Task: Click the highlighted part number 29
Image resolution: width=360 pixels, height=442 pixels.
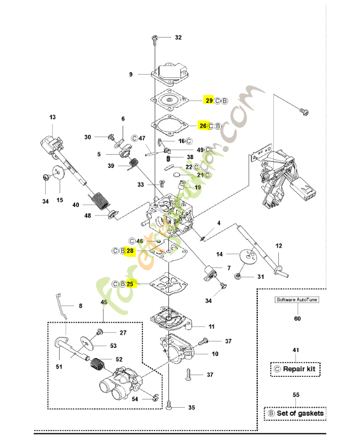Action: point(209,100)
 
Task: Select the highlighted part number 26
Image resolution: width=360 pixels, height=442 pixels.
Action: point(203,126)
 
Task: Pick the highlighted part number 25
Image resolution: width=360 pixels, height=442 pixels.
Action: point(130,284)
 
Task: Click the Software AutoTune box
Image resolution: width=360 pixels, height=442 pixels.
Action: point(297,300)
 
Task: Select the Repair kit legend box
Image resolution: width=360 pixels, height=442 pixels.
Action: point(295,369)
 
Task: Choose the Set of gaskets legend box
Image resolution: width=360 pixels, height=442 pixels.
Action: point(295,413)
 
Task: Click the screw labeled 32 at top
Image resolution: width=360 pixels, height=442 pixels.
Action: point(155,38)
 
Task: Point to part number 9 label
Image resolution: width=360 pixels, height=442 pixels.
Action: point(131,74)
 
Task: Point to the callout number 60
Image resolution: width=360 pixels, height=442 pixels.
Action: point(297,318)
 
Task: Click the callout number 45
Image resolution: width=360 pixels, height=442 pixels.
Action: point(104,302)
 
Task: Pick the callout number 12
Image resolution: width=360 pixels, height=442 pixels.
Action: point(279,245)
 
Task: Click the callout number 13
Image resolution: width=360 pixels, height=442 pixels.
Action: point(52,118)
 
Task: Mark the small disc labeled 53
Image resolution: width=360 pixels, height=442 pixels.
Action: point(87,344)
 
